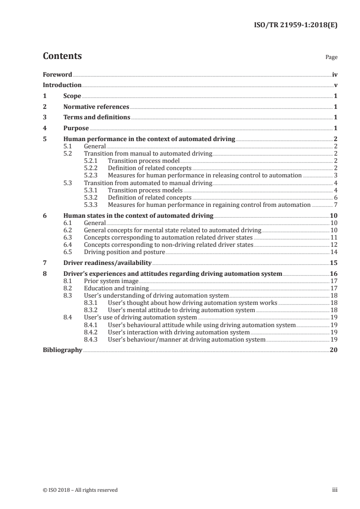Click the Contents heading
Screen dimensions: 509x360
[x=62, y=56]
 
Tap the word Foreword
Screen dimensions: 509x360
[x=57, y=74]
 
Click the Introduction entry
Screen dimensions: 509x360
[x=62, y=85]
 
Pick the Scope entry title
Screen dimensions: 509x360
[x=72, y=96]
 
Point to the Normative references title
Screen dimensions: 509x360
[x=96, y=107]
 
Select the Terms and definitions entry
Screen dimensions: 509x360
[x=97, y=117]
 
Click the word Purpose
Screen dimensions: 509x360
[x=76, y=128]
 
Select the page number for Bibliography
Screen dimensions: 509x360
[x=334, y=350]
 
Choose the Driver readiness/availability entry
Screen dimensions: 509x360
[x=107, y=263]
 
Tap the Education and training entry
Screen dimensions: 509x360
[x=116, y=288]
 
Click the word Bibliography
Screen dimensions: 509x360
[x=62, y=350]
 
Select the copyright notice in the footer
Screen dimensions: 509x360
[x=80, y=490]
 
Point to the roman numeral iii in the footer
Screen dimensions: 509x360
[x=335, y=490]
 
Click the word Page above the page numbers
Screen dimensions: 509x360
[x=331, y=58]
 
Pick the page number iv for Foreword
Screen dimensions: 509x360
[x=335, y=74]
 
